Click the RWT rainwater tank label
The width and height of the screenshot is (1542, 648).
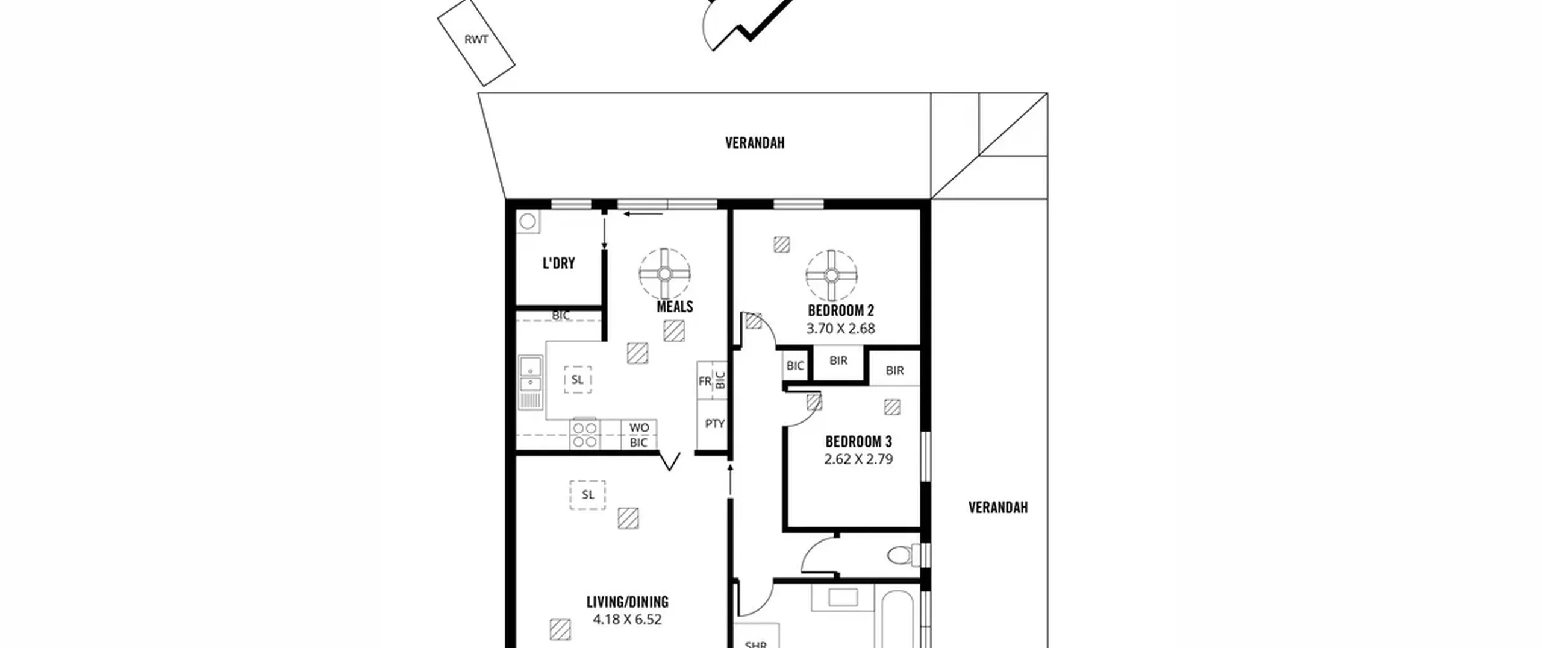click(476, 40)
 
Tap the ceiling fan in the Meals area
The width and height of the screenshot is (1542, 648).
click(664, 274)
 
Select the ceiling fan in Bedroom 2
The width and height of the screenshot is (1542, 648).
click(831, 275)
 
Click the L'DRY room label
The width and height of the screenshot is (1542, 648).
click(558, 263)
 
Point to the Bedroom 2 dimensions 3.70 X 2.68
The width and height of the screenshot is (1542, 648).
click(840, 329)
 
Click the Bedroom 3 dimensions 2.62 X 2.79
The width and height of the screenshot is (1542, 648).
click(858, 459)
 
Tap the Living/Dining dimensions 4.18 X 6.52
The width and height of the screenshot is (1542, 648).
click(627, 620)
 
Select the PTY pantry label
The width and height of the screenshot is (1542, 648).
click(714, 424)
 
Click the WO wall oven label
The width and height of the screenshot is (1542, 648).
click(639, 427)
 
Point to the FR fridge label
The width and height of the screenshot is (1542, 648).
click(705, 382)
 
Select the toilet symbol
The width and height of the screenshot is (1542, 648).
click(904, 555)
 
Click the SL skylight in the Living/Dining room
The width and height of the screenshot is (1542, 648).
click(588, 495)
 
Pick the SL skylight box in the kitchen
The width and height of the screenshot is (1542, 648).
click(578, 380)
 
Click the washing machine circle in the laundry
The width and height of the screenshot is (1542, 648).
click(528, 222)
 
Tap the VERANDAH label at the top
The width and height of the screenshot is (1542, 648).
click(755, 143)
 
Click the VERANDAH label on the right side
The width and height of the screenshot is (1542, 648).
click(998, 508)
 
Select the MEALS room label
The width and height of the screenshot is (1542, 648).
click(675, 307)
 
